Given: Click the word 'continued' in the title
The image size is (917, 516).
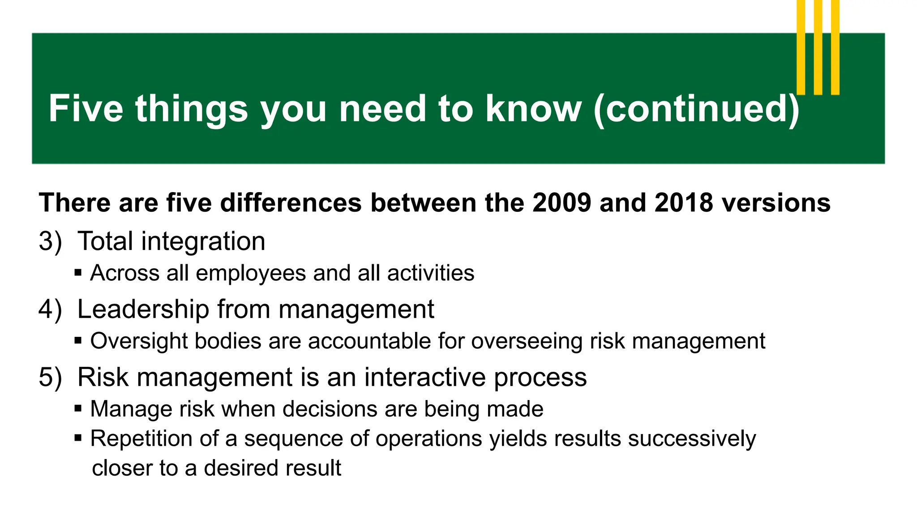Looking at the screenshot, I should pos(696,109).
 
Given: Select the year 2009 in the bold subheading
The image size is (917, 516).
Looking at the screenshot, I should pos(562,203).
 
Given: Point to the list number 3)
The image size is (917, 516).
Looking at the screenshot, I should pos(50,241).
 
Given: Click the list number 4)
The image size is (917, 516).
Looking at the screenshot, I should pos(50,310).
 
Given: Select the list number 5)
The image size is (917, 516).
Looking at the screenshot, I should pos(50,377).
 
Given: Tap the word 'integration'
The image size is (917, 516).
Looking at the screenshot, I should pos(203,241).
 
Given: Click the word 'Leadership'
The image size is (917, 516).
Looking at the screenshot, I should pos(143,310).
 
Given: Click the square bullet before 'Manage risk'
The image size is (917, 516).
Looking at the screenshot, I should pos(78,408).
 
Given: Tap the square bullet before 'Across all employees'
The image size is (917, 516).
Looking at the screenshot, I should pos(78,272).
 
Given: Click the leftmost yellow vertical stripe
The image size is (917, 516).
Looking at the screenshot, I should pos(801,47).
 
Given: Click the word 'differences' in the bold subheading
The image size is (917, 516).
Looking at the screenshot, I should pos(291,203).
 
